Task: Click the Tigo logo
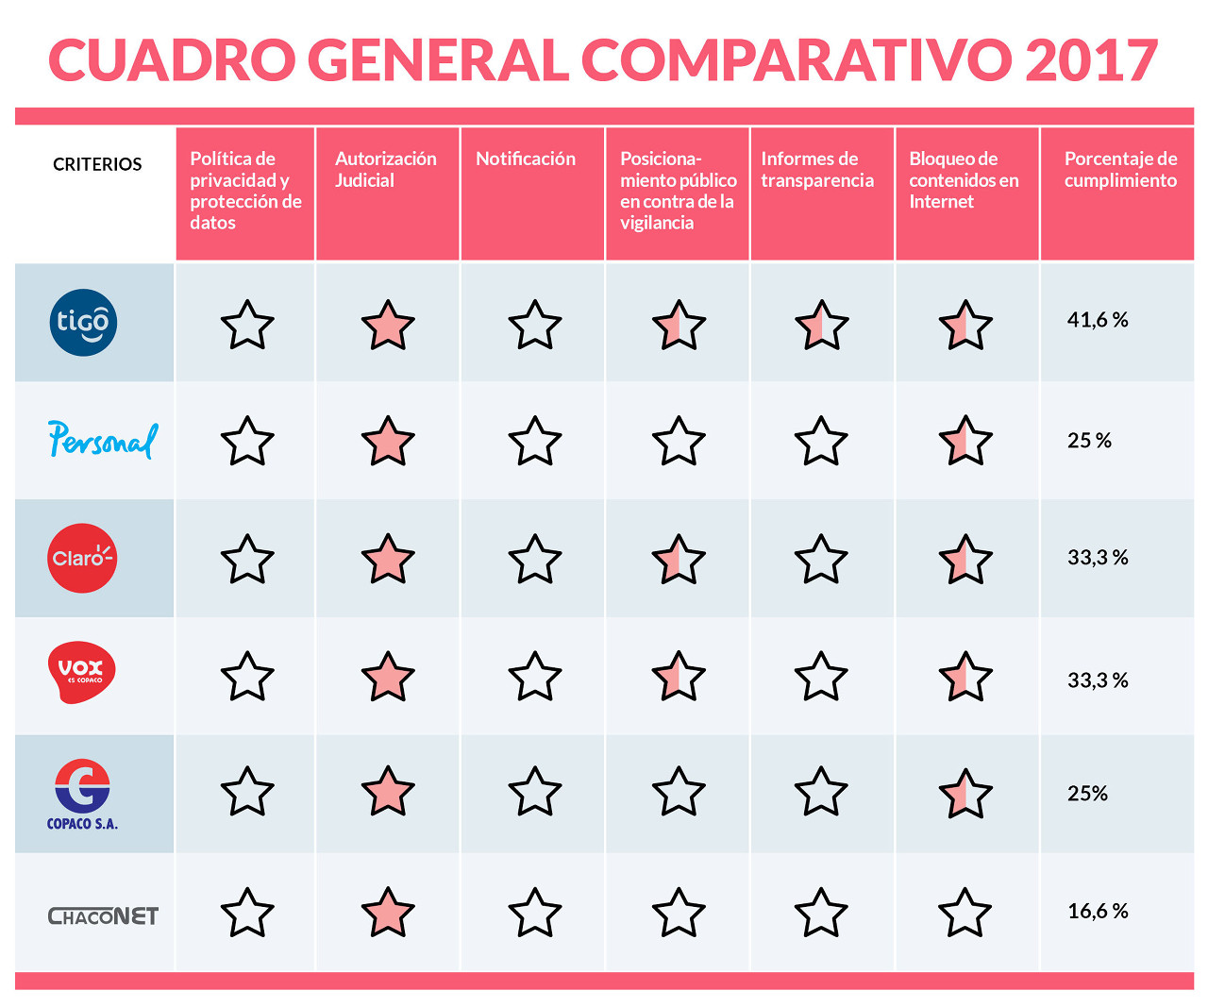(x=83, y=323)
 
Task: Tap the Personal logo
(x=103, y=440)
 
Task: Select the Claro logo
(x=83, y=558)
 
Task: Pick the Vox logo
(x=82, y=672)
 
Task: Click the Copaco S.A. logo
(x=83, y=795)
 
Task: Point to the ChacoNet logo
(x=103, y=915)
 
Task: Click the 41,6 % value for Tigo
(x=1098, y=320)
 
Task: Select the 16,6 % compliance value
(x=1098, y=911)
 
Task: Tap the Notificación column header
(x=526, y=159)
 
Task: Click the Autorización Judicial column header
(x=385, y=169)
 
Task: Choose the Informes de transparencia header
(x=816, y=169)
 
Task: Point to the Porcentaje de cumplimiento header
(x=1120, y=169)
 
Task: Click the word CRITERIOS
(x=97, y=164)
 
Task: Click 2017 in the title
(x=1091, y=60)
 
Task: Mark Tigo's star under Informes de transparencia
(x=821, y=326)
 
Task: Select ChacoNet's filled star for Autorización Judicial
(x=388, y=913)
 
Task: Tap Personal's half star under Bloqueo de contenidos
(x=965, y=441)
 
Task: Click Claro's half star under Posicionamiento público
(x=679, y=560)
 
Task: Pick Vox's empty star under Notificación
(x=535, y=677)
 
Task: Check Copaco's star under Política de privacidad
(x=247, y=792)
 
